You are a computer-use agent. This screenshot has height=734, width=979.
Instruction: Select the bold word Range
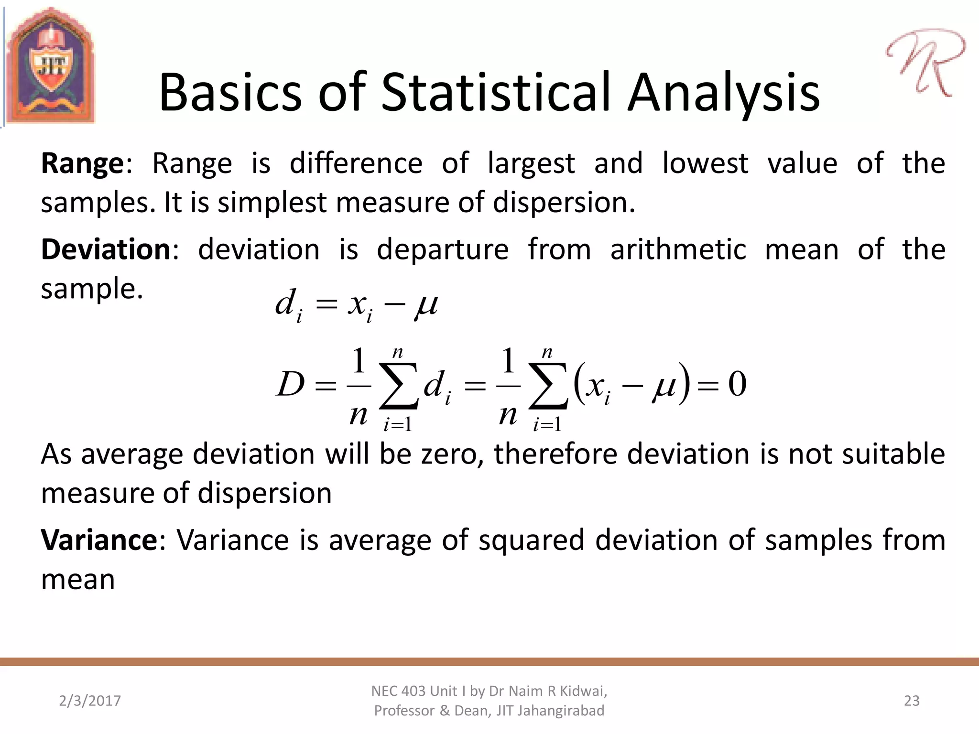[x=83, y=163]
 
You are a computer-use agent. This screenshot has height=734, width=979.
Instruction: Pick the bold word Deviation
[x=106, y=249]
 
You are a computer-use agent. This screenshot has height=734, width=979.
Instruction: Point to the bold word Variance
[x=99, y=540]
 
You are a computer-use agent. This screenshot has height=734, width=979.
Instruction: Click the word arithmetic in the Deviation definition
[x=678, y=249]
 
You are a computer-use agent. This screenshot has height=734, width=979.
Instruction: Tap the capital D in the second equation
[x=290, y=384]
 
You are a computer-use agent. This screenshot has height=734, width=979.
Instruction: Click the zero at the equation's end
[x=737, y=384]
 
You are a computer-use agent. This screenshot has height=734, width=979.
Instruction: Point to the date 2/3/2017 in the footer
[x=90, y=701]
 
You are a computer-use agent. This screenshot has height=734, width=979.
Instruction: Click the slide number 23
[x=912, y=701]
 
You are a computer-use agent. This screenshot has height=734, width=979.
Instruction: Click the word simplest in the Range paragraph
[x=272, y=203]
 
